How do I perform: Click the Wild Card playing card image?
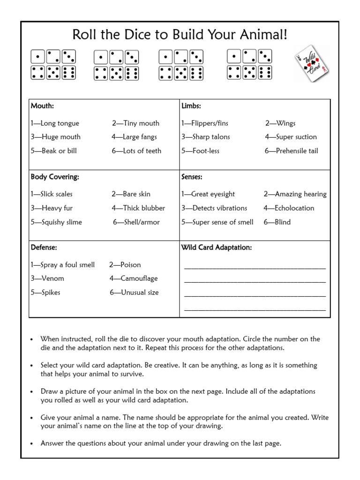point(311,65)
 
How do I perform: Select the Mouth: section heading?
point(42,106)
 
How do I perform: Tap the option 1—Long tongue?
point(55,123)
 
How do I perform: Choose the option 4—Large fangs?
point(134,137)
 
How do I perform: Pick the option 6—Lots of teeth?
point(136,151)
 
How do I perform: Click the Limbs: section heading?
point(191,106)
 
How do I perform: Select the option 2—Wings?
point(280,123)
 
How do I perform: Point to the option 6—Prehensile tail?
point(291,151)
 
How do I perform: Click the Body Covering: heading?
point(55,177)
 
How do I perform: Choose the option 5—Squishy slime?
point(56,222)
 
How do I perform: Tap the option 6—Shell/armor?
point(136,222)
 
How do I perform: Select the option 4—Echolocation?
point(289,208)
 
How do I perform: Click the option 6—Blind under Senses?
point(277,222)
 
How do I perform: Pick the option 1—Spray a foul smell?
point(63,265)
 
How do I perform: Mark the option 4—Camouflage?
point(134,278)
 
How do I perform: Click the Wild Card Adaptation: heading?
point(217,247)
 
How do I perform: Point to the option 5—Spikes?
point(45,292)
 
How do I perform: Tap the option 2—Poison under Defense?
point(125,265)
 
